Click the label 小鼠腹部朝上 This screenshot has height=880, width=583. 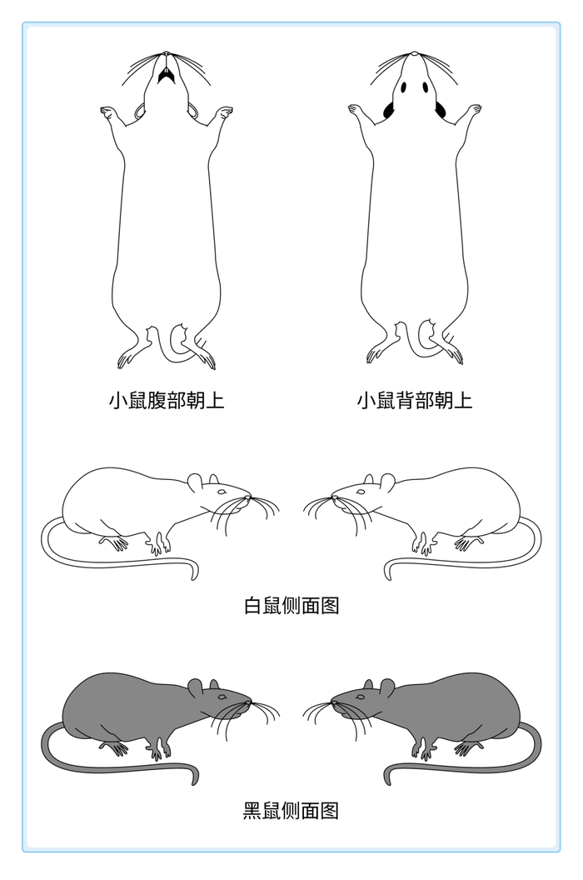pos(167,401)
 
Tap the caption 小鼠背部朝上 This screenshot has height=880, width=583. pos(415,401)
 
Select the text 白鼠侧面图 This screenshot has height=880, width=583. pos(291,606)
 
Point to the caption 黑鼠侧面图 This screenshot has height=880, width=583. pos(291,810)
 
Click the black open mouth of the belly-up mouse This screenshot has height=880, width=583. pos(166,75)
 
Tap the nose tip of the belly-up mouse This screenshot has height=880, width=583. pos(166,54)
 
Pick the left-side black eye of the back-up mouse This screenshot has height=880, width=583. pos(403,87)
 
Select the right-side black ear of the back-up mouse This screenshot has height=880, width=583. pos(440,110)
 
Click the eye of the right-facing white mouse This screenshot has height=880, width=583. pos(222,492)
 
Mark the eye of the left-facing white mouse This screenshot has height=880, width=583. pos(361,492)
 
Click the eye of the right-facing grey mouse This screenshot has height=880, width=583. pos(222,697)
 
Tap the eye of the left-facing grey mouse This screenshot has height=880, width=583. pos(361,697)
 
